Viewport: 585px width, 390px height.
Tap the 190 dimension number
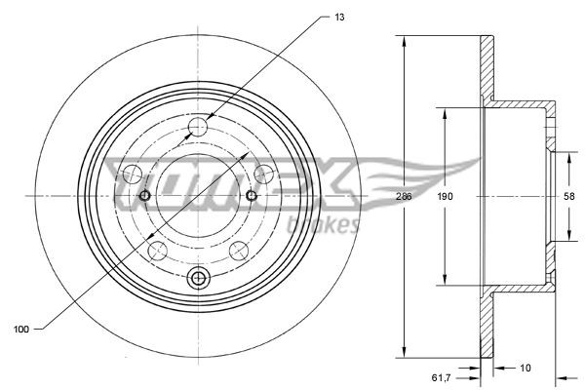point(445,196)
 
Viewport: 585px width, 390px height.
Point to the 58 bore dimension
point(569,196)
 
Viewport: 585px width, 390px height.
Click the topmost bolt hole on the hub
point(199,126)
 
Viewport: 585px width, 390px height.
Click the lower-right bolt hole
point(239,249)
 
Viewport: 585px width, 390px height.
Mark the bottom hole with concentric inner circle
point(199,279)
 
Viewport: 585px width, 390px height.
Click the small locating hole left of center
point(145,196)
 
